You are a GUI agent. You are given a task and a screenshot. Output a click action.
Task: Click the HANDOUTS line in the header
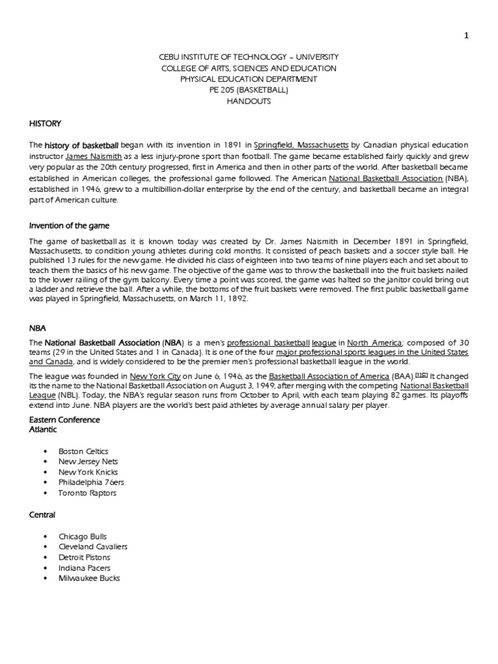249,102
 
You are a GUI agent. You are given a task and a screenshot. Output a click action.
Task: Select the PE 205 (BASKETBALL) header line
249,90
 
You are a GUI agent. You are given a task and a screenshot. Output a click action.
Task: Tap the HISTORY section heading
45,122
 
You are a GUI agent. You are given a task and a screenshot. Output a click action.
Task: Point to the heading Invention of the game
69,226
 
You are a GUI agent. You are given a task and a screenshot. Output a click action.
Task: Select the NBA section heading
38,329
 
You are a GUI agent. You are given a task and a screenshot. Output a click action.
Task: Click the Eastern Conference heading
64,420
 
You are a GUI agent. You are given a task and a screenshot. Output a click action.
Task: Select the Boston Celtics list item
84,451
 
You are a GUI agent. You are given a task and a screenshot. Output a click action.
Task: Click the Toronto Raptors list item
88,493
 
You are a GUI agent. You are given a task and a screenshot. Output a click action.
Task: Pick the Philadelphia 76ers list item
90,482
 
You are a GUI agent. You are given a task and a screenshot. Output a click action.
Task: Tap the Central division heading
42,515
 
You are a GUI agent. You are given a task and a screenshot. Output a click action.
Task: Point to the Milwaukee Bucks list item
89,578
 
